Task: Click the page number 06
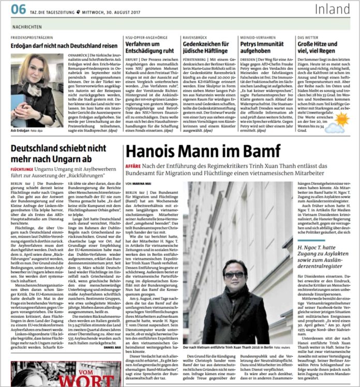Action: [x=18, y=9]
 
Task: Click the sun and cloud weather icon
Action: [x=341, y=120]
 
